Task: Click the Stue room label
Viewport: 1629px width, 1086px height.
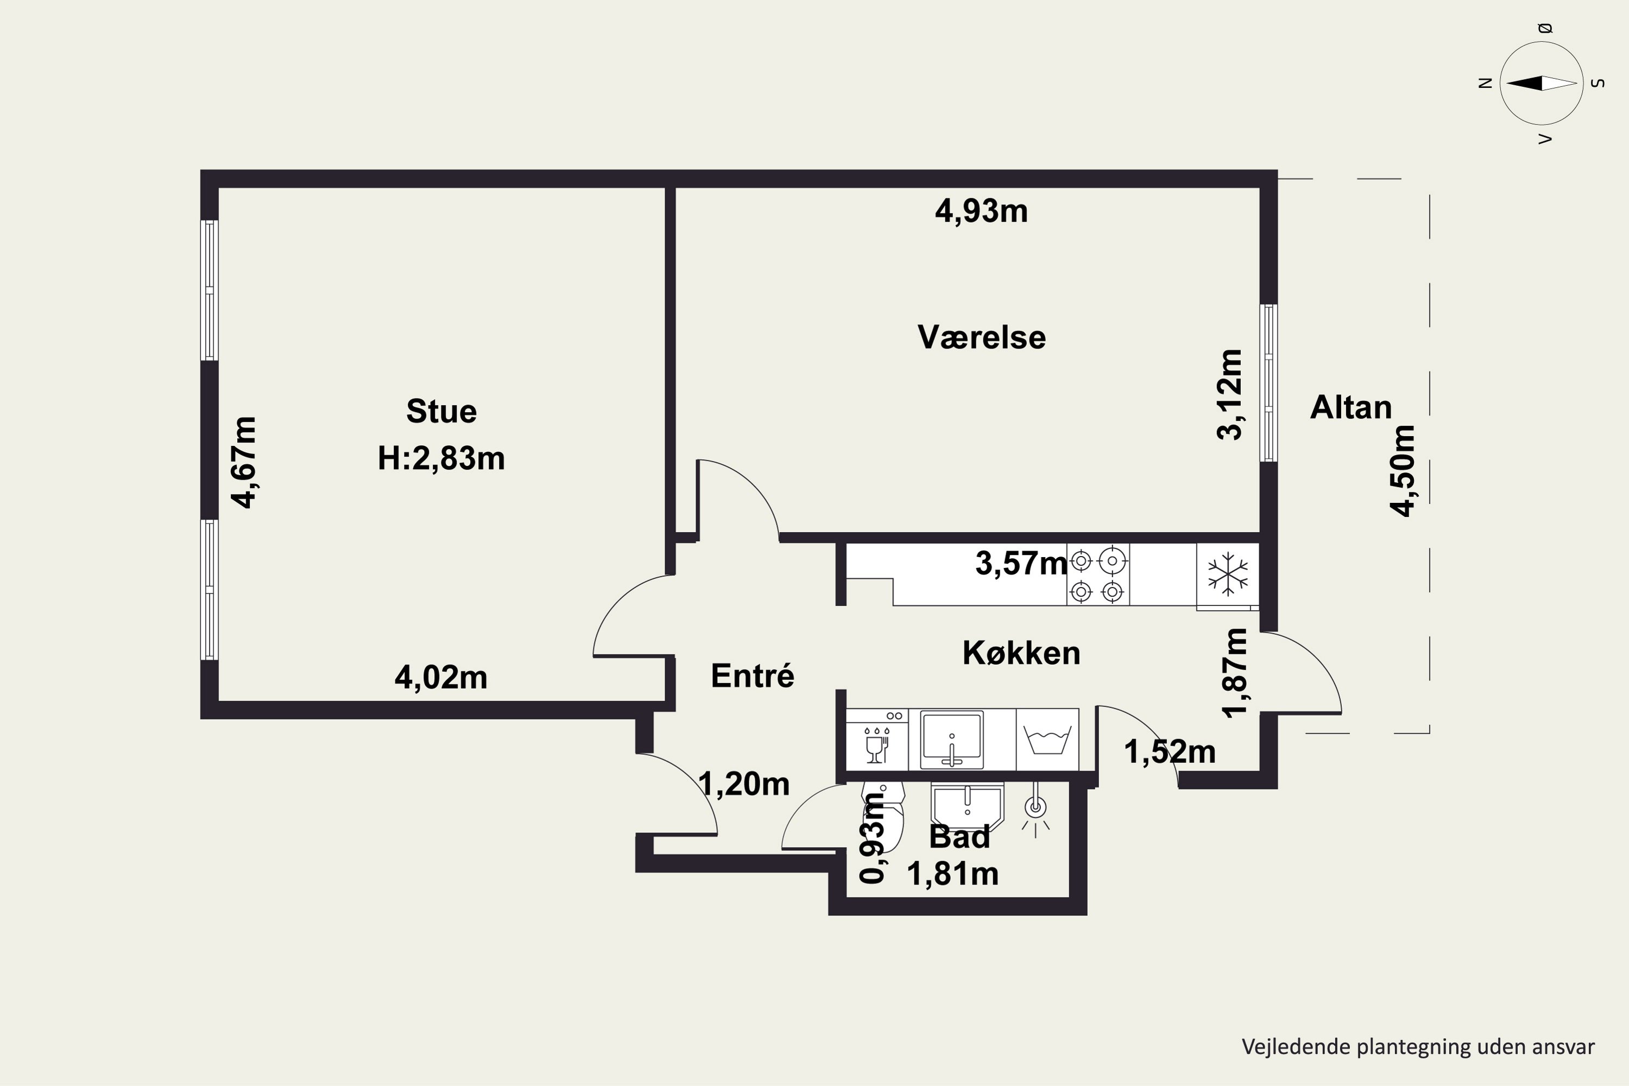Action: pos(441,412)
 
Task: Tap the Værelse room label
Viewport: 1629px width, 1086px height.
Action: pos(981,337)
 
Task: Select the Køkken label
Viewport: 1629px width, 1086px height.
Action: pos(1021,653)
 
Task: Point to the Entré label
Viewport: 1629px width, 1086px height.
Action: pos(752,676)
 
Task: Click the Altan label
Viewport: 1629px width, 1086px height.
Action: pos(1350,407)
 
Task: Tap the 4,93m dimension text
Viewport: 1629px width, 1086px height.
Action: pos(981,211)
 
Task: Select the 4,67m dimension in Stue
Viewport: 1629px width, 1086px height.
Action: pos(244,462)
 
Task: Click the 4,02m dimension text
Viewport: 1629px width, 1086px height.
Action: pos(441,677)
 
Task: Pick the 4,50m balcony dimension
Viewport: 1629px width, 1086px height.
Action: pos(1403,470)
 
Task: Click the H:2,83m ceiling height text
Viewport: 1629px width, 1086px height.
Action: pos(441,458)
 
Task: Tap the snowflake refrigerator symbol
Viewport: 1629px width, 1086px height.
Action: pos(1227,574)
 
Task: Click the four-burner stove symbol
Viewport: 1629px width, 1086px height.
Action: pos(1098,574)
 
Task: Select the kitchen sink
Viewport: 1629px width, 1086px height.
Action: pos(952,739)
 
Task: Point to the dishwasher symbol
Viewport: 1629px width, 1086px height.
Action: pos(877,739)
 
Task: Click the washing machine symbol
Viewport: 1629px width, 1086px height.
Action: pos(1047,739)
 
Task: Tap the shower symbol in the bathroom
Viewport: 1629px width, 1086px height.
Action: pos(1036,810)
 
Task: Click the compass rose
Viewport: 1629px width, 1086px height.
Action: pos(1542,83)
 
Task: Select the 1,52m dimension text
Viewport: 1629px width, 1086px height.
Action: pos(1170,752)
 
